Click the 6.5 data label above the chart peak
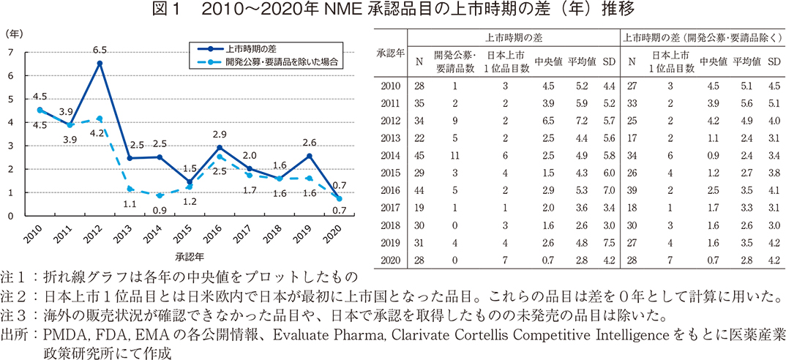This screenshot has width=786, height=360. point(100,50)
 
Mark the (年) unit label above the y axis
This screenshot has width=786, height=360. point(14,33)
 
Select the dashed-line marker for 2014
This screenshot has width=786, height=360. point(160,195)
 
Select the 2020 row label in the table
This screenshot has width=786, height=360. point(389,260)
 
